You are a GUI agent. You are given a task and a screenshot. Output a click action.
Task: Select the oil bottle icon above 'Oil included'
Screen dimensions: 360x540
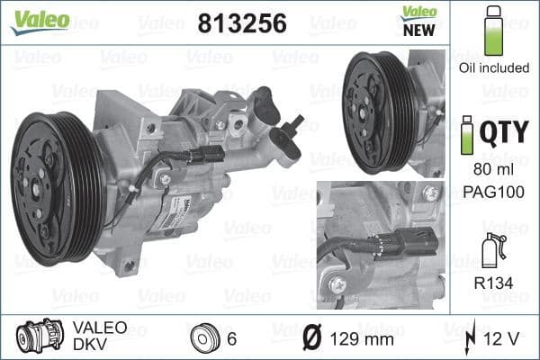point(492,31)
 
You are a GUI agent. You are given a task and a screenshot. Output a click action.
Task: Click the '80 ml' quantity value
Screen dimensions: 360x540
point(492,167)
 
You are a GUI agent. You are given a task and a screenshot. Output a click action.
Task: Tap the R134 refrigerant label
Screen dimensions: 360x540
point(492,280)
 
